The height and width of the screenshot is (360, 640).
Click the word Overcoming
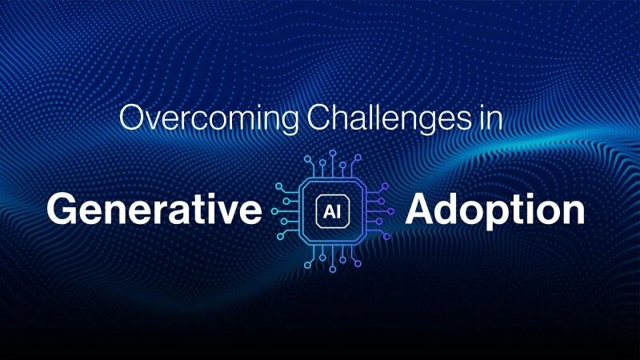coord(209,118)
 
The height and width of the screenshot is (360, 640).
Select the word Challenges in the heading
coord(388,118)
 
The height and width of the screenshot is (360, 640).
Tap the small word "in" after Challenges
coord(490,118)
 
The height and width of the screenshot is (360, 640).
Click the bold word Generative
coord(154,210)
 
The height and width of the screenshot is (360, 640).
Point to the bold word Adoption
coord(494,211)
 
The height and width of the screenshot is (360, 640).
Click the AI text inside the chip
coord(332,212)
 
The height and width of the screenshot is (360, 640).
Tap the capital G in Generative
coord(62,210)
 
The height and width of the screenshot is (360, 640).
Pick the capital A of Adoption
coord(421,209)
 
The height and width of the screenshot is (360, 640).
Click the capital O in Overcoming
coord(133,118)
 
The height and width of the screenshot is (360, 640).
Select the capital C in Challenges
coord(318,118)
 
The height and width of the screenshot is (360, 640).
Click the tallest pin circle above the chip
coord(333,153)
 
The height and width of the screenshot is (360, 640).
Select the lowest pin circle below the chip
coord(333,270)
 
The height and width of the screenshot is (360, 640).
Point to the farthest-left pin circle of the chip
coord(274,211)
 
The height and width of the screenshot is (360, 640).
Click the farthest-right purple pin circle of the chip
coord(390,211)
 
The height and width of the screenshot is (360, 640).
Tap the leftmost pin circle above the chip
coord(307,158)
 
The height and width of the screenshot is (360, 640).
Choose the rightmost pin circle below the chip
coord(358,264)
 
